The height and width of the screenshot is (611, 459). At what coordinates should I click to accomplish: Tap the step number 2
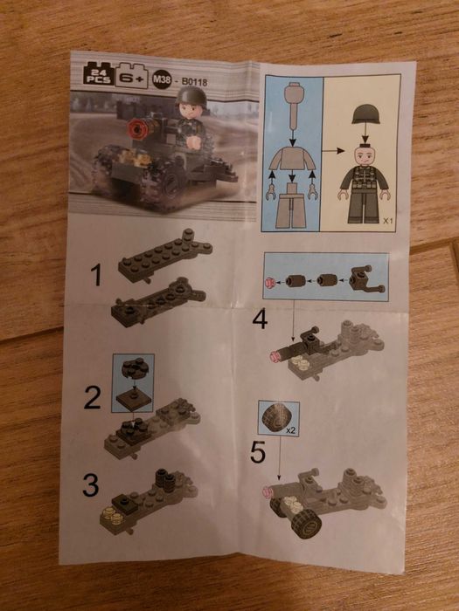tap(93, 399)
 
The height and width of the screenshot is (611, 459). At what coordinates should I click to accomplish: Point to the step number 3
tap(91, 485)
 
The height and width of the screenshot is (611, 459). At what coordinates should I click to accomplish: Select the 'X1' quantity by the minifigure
tap(388, 222)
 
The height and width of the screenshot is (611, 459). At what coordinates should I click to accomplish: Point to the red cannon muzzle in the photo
tap(136, 131)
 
